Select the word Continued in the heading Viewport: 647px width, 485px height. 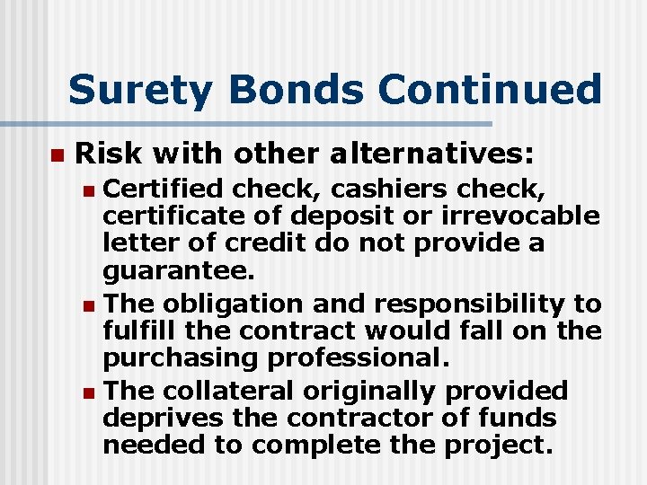(490, 91)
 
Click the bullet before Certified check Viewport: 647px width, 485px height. (86, 190)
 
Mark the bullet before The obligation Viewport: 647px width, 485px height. (86, 304)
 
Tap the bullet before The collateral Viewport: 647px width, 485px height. (86, 392)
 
